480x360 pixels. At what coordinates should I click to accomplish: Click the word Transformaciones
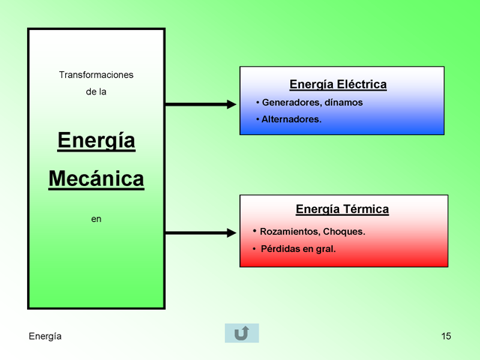pos(96,75)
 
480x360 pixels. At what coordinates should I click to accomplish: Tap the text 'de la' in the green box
pos(96,91)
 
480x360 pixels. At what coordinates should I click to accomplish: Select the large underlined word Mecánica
pos(96,179)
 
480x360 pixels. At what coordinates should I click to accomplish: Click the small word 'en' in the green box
pos(96,219)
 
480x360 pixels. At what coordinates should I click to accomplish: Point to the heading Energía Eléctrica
pos(338,85)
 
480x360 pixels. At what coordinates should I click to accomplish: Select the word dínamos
pos(343,102)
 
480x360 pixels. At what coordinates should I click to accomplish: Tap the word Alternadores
pos(292,119)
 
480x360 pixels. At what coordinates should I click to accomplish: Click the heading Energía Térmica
pos(342,209)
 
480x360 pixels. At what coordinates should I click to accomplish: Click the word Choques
pos(344,232)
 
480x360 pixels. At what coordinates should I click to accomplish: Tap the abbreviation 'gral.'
pos(325,249)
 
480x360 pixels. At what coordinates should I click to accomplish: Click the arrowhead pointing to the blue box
pos(232,104)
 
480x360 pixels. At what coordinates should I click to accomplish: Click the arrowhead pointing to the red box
pos(232,233)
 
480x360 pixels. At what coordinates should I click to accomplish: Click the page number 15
pos(446,336)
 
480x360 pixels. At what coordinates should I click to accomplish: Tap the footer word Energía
pos(45,337)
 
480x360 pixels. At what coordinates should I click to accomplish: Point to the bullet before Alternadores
pos(258,118)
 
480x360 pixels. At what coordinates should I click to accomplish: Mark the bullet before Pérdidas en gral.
pos(254,248)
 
